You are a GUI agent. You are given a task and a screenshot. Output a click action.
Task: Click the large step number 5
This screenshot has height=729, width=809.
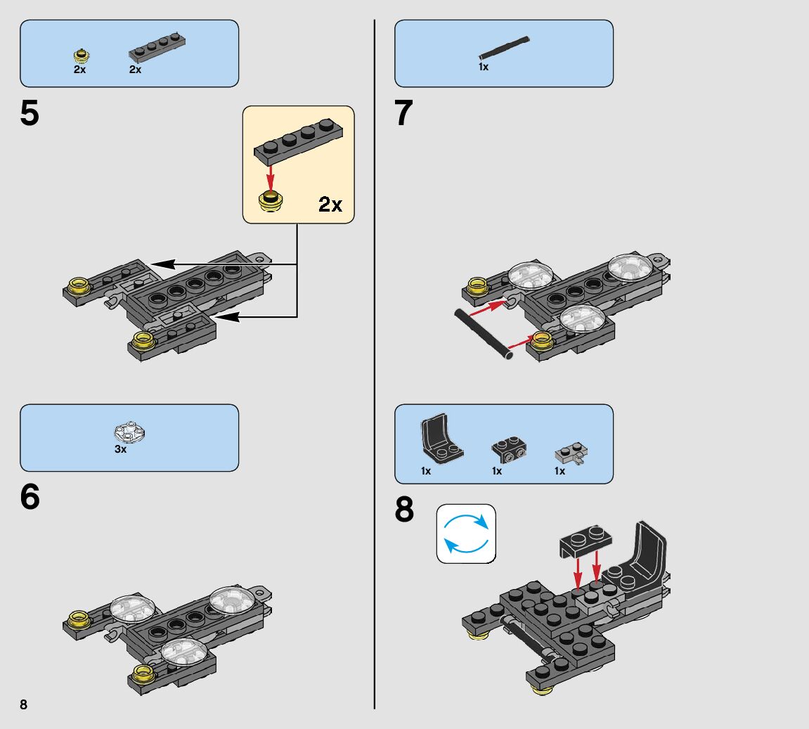(x=30, y=115)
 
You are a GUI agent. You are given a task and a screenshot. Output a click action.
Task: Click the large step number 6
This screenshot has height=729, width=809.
(x=30, y=498)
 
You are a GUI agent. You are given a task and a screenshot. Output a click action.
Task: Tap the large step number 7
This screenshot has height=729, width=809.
(x=404, y=115)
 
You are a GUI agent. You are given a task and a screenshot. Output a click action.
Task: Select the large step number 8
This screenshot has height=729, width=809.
(x=404, y=511)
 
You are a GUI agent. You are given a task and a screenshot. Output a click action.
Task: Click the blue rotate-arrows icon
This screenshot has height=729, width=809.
(x=466, y=534)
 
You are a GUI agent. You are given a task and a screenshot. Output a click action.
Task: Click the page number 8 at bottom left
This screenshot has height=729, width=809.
(x=23, y=705)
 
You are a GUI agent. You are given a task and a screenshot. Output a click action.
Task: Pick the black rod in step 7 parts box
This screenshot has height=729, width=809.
(x=504, y=47)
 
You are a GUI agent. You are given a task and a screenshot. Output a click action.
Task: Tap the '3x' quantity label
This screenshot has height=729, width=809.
(x=121, y=449)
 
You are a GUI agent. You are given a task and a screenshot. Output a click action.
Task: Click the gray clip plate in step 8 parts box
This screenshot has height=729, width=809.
(x=571, y=453)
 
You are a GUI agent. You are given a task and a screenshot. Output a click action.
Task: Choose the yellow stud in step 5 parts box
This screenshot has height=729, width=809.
(x=82, y=55)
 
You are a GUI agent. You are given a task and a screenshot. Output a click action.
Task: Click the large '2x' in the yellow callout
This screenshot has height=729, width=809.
(x=330, y=205)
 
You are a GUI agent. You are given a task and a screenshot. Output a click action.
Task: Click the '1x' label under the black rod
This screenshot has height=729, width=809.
(x=484, y=67)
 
